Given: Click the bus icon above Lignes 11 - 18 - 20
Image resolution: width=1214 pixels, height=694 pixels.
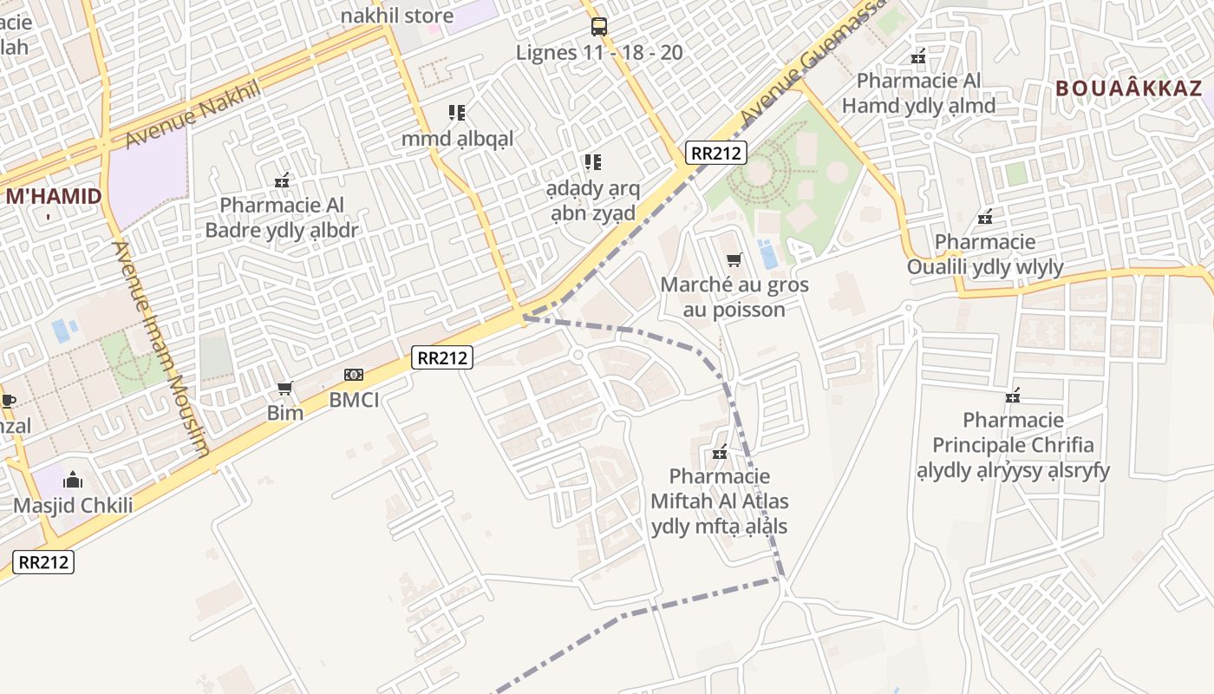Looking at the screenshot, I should [x=598, y=27].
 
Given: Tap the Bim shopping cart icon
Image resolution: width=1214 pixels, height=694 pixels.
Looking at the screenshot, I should [x=284, y=388].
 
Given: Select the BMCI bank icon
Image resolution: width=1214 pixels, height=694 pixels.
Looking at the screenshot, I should [x=353, y=375].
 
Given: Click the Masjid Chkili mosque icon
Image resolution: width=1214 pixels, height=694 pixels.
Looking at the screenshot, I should [x=73, y=480].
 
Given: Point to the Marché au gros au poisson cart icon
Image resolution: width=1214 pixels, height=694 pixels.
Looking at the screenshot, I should [x=734, y=259].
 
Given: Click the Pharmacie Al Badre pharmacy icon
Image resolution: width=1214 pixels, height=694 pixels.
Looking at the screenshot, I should [x=281, y=180].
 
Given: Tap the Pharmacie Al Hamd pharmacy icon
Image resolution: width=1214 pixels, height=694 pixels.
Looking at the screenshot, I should [x=918, y=56].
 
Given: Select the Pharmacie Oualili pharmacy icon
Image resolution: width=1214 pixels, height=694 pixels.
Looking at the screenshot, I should [x=985, y=216].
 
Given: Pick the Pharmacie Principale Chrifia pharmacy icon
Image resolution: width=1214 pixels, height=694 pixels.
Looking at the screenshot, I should [x=1012, y=396].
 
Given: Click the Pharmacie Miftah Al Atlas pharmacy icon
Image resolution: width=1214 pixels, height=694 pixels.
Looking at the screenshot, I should [x=719, y=451].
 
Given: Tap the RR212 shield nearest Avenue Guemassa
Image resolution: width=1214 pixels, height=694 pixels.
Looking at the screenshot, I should [x=715, y=153].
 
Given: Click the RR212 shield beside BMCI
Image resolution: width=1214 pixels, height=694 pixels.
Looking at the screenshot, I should [x=441, y=357].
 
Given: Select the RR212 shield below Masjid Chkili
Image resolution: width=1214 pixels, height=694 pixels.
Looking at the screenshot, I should [x=43, y=561].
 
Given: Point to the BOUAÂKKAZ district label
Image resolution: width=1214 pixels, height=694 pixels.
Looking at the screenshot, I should [x=1129, y=88].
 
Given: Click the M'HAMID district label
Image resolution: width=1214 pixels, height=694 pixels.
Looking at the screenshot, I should [x=54, y=196].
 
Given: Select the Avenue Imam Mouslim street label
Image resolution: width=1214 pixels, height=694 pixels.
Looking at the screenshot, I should [x=160, y=347].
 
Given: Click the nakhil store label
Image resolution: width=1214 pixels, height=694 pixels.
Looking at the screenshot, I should [x=396, y=16].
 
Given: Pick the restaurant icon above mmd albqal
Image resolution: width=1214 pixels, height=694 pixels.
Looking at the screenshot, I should [x=457, y=112].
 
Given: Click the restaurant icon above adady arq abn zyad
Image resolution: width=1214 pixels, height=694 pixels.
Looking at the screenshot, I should [x=592, y=161].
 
